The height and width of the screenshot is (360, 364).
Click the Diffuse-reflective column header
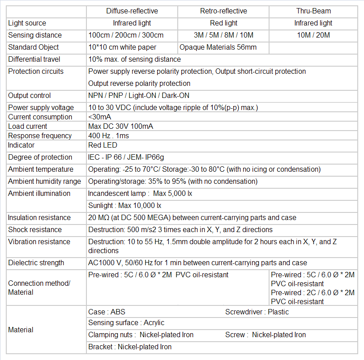(x=132, y=11)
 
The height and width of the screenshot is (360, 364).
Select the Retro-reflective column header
(x=223, y=11)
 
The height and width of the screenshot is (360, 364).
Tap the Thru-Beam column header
(x=313, y=11)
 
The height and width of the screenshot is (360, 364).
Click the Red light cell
(x=223, y=23)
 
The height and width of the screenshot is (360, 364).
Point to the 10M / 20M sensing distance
(x=313, y=35)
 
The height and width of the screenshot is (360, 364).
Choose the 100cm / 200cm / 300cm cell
(x=126, y=35)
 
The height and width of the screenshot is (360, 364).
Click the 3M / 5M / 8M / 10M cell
(x=223, y=35)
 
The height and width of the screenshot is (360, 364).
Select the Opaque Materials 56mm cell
(x=218, y=47)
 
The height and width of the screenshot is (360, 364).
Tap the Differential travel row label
(x=34, y=59)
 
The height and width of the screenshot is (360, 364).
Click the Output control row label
(x=30, y=96)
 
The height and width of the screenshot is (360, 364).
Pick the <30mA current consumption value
(x=100, y=117)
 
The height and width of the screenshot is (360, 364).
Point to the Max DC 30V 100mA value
(x=121, y=127)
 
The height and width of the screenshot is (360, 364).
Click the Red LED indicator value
(x=103, y=145)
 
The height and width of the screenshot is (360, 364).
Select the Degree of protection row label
(x=40, y=157)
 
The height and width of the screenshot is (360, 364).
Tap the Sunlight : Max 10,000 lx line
(x=124, y=206)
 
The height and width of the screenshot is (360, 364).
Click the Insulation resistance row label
(x=39, y=218)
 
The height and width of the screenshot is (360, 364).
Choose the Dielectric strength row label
(x=36, y=263)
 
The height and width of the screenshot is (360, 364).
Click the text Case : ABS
(x=107, y=312)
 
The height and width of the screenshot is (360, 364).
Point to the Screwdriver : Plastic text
(x=257, y=312)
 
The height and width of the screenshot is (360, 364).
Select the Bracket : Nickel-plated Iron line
(x=130, y=347)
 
